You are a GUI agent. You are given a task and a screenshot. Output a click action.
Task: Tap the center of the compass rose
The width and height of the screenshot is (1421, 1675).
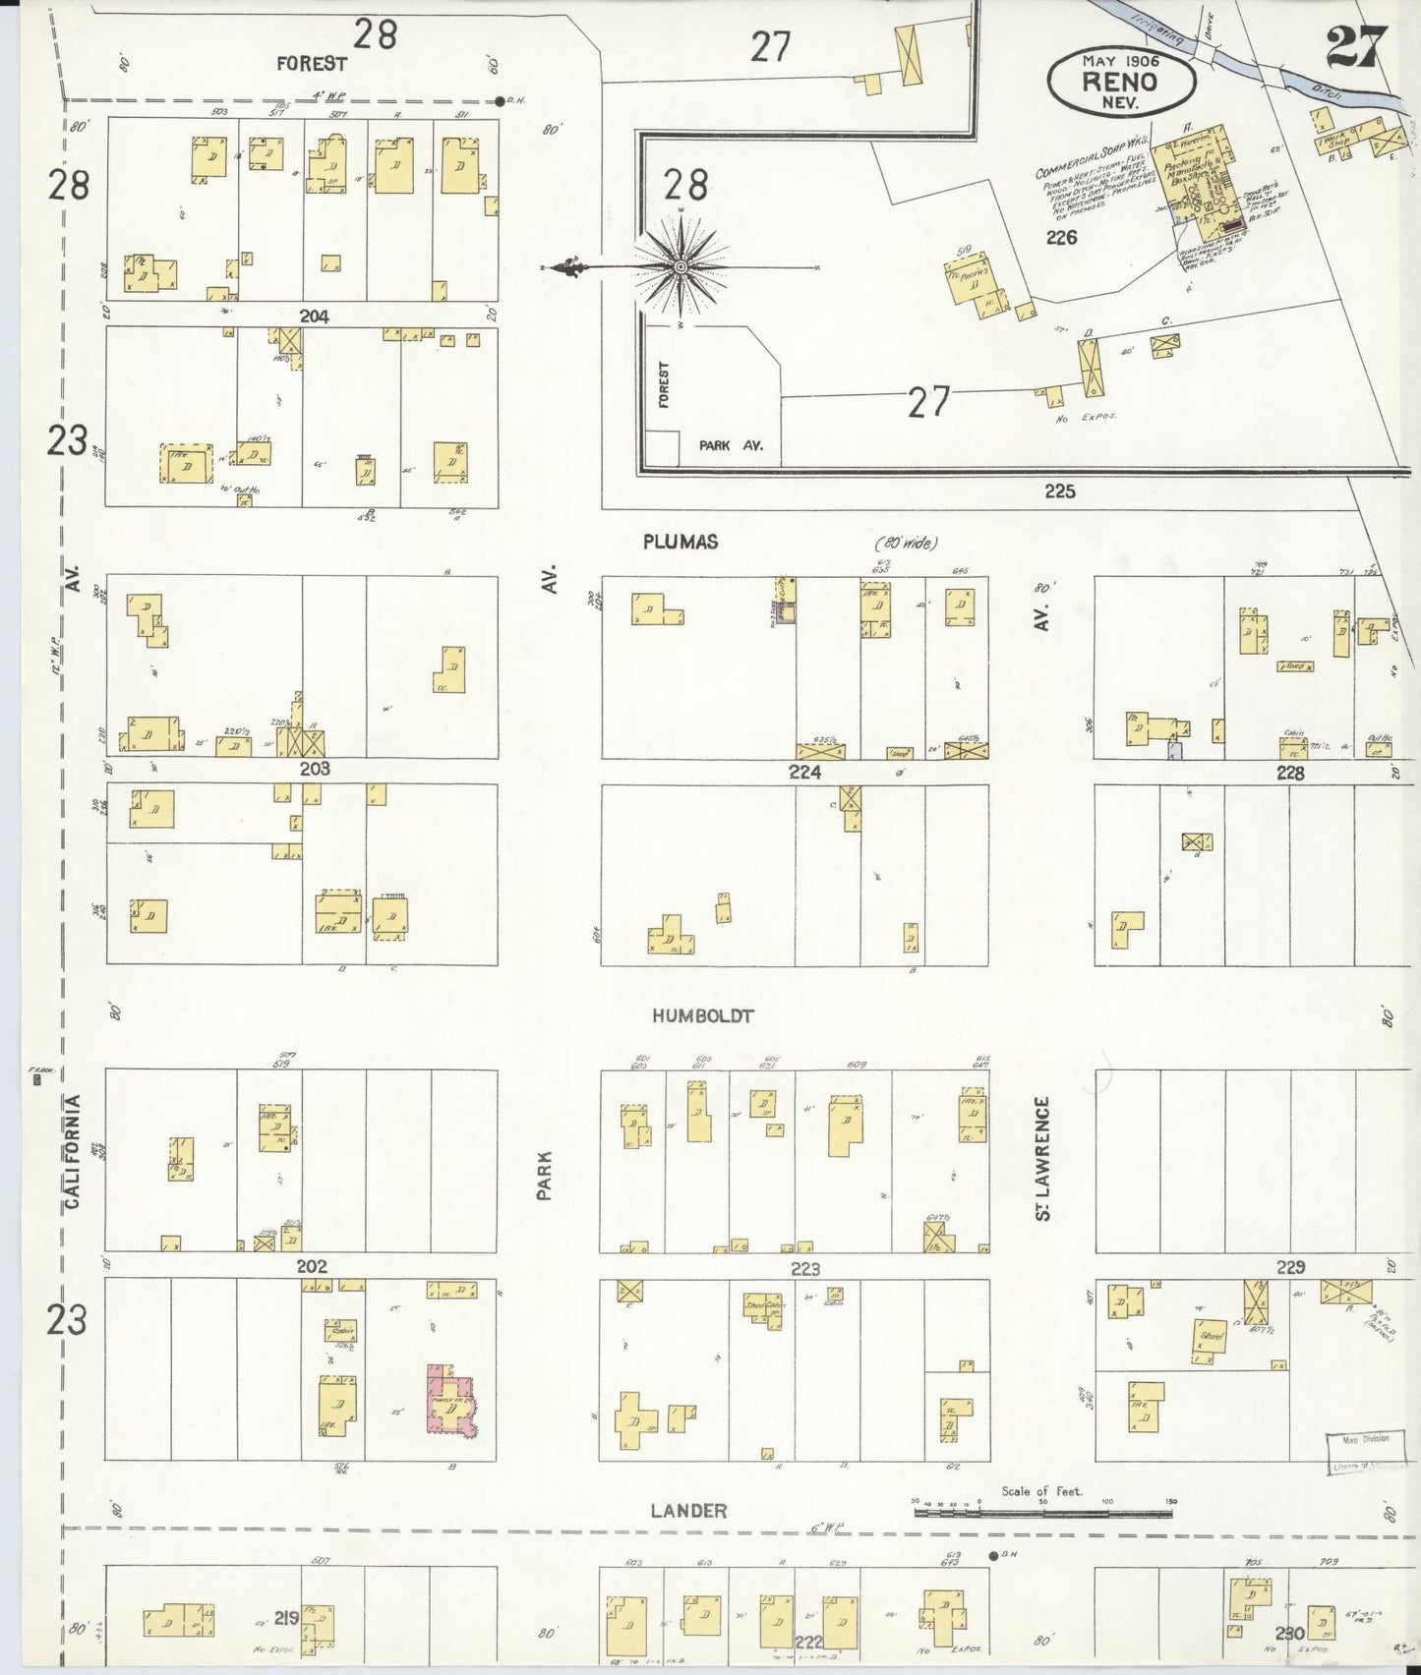pos(681,267)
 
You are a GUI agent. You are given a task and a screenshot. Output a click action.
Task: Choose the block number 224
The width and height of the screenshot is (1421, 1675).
pos(804,773)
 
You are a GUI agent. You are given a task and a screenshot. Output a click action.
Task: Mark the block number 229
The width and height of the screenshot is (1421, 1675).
pos(1289,1268)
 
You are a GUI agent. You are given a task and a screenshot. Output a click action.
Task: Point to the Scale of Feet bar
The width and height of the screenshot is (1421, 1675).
pos(1044,1531)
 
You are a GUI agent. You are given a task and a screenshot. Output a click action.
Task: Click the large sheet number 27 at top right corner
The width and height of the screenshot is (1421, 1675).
pos(1356,46)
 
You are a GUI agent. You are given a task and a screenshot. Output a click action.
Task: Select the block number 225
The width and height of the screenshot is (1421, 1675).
pos(1060,491)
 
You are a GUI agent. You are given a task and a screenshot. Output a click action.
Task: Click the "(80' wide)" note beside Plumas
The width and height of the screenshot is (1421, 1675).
pos(906,543)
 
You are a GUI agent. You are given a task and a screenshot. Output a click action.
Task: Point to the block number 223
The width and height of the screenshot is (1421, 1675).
pos(804,1269)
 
